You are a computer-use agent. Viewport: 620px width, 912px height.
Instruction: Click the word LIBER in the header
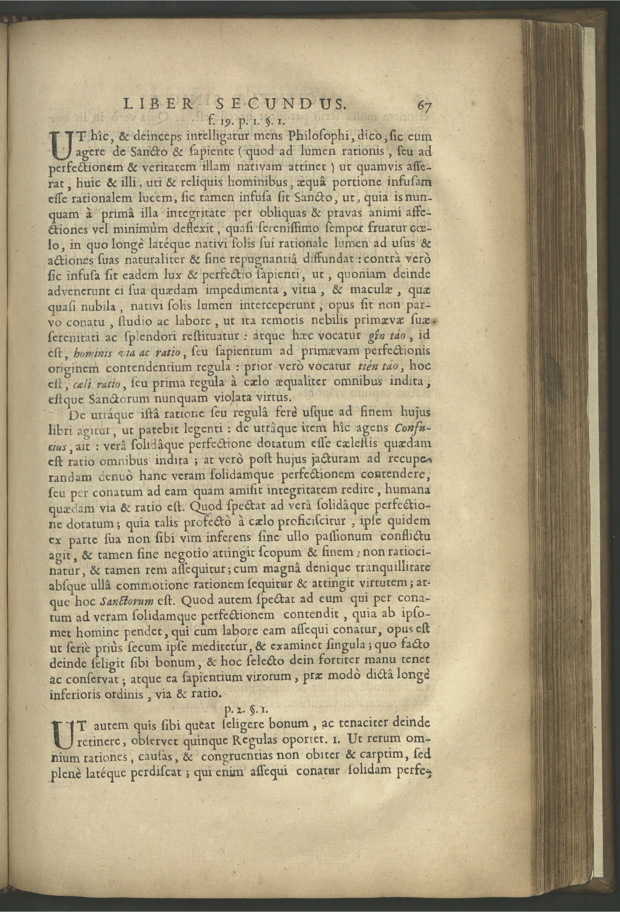[x=158, y=104]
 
